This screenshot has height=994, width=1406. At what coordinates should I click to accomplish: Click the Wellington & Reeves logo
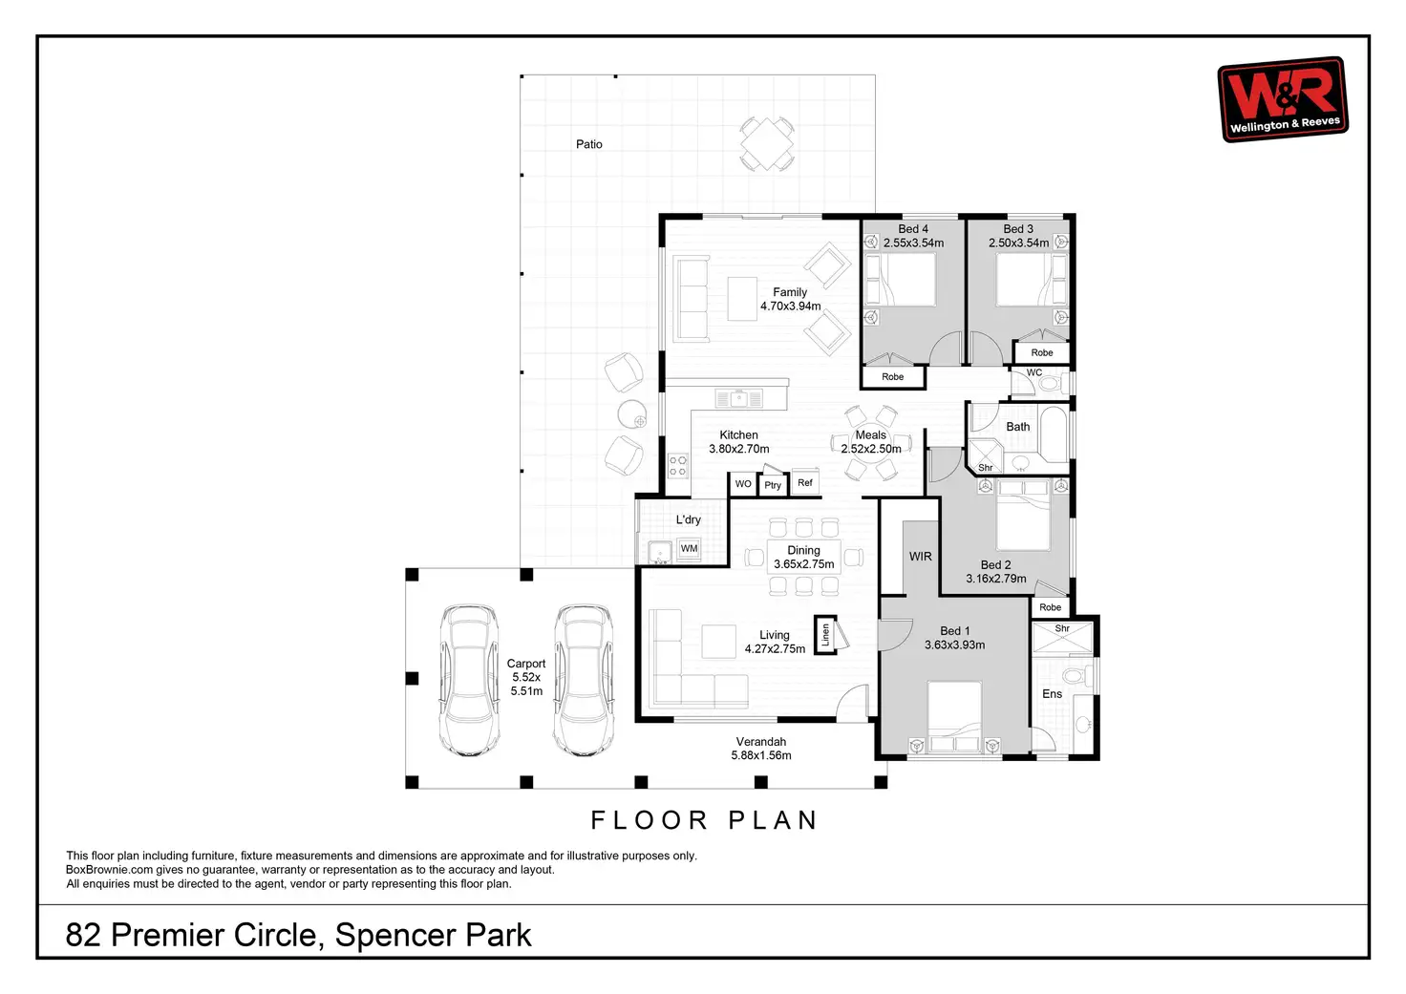(1283, 99)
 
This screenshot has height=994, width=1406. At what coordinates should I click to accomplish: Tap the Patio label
(588, 144)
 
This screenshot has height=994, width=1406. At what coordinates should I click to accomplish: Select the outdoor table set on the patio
(766, 144)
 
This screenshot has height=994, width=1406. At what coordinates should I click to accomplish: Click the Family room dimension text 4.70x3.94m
(790, 307)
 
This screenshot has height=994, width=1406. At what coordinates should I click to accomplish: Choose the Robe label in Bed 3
(1041, 353)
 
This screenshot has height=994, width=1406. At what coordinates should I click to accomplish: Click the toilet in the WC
(1049, 384)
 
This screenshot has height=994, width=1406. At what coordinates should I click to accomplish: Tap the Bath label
(1017, 427)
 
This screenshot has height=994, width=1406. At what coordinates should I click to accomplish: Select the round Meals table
(871, 442)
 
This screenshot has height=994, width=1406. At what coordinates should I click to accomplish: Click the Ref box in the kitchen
(805, 483)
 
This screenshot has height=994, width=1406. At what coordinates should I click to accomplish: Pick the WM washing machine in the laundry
(689, 549)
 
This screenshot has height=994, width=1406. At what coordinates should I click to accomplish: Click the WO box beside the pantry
(743, 484)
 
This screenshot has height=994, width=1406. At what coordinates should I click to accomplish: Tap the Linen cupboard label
(825, 634)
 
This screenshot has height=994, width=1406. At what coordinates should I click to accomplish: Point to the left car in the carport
(469, 679)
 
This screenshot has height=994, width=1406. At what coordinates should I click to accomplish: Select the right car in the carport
(583, 679)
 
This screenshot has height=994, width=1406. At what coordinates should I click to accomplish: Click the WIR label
(920, 557)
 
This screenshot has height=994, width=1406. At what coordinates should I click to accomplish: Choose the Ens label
(1052, 694)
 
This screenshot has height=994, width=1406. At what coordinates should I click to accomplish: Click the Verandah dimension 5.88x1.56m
(760, 755)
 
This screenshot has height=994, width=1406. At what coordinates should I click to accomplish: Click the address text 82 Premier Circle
(191, 935)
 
